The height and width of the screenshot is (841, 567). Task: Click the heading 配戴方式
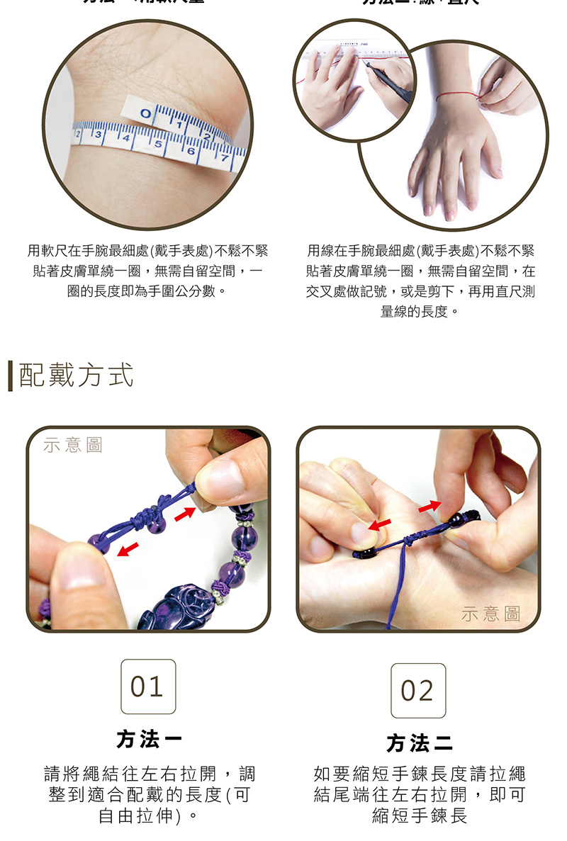[76, 376]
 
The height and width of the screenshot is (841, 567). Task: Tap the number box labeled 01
[148, 687]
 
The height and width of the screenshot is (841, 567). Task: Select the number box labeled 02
[418, 691]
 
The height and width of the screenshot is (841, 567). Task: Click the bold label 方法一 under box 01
[149, 740]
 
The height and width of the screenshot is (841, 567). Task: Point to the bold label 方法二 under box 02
[419, 743]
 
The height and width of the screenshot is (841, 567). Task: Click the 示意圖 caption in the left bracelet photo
[73, 445]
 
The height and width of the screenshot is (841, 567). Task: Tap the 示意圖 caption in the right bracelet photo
[490, 614]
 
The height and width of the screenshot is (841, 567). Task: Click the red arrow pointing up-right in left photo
[185, 514]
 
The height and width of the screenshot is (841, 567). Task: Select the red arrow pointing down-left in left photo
[128, 549]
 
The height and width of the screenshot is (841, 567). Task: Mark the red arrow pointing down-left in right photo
[379, 525]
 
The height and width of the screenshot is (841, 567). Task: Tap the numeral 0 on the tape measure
[145, 113]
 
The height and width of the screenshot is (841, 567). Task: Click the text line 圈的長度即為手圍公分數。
[147, 291]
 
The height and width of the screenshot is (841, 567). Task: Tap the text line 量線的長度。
[420, 311]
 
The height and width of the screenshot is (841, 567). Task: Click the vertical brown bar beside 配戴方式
[11, 376]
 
